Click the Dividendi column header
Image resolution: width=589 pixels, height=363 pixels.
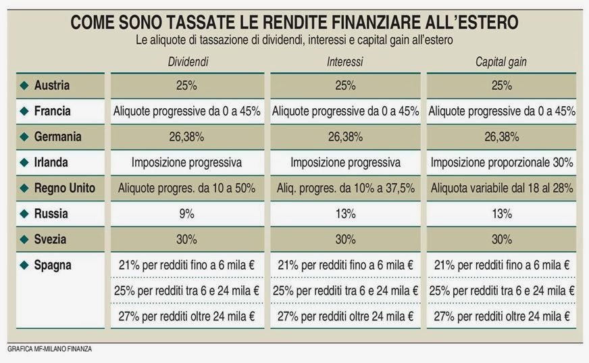click(x=188, y=62)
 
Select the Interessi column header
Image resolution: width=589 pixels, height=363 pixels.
click(x=345, y=62)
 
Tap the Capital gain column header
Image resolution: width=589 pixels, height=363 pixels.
click(x=501, y=62)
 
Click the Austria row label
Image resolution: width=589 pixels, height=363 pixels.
click(x=52, y=86)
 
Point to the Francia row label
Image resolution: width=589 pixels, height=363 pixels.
click(x=52, y=111)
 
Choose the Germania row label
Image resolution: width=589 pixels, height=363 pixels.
click(x=57, y=137)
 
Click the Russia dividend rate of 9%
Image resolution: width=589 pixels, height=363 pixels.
click(x=187, y=214)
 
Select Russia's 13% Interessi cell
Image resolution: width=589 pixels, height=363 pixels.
click(x=345, y=214)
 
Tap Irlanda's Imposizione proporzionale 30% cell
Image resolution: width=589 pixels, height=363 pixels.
click(x=502, y=162)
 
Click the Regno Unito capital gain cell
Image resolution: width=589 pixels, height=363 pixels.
click(x=502, y=188)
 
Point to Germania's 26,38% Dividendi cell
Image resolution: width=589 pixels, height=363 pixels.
click(x=187, y=137)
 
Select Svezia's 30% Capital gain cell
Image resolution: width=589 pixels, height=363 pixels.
click(x=502, y=239)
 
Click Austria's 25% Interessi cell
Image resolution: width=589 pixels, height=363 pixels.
click(x=345, y=86)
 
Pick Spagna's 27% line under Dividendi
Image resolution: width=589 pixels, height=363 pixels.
click(x=187, y=316)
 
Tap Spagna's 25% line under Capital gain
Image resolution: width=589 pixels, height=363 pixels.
click(x=502, y=291)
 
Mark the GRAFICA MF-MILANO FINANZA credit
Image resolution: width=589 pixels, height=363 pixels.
click(x=49, y=349)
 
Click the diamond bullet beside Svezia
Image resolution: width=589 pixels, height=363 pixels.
click(x=24, y=239)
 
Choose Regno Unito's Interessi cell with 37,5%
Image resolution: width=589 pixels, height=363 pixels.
click(x=345, y=188)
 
